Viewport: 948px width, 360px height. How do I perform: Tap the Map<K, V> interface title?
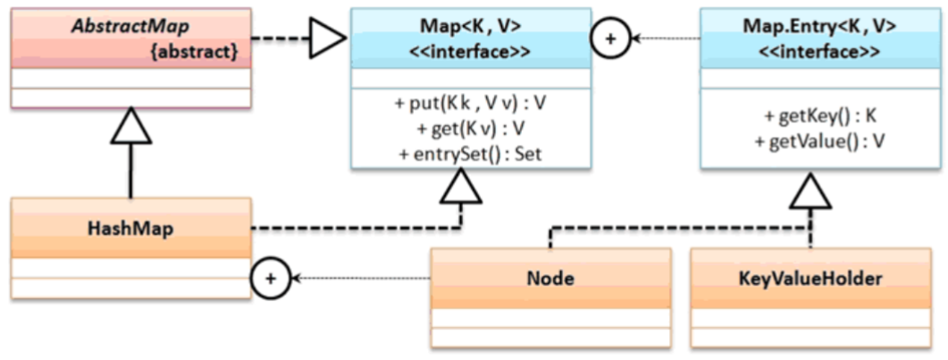[470, 27]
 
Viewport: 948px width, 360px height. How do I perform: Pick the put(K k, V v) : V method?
[470, 105]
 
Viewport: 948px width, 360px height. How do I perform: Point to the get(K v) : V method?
[470, 129]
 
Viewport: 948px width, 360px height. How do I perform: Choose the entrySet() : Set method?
[470, 153]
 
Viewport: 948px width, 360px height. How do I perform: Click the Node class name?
[550, 278]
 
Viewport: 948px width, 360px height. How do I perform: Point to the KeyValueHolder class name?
[811, 278]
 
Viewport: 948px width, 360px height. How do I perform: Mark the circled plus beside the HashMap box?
[272, 279]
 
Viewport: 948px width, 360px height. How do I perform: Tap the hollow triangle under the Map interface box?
[461, 184]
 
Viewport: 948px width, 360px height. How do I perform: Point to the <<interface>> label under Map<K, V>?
[470, 51]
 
